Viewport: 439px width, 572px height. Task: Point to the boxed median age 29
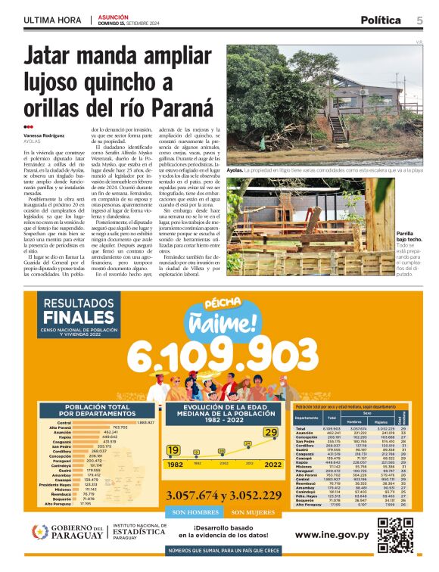click(x=270, y=432)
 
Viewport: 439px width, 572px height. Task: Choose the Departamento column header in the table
click(x=307, y=418)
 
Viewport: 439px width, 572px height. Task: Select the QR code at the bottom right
click(x=394, y=536)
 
